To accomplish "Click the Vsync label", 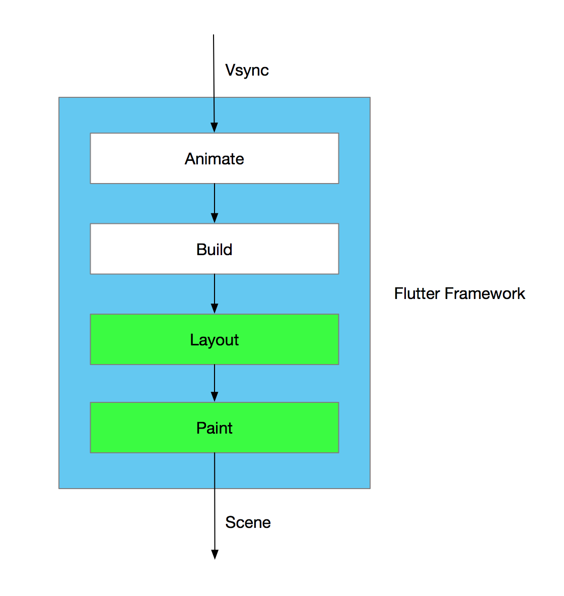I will point(247,70).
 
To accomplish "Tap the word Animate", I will point(214,159).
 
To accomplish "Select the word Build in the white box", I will point(214,250).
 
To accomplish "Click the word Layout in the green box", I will point(214,340).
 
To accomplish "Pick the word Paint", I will point(214,428).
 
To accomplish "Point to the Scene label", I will point(248,522).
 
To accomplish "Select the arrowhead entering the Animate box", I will point(214,127).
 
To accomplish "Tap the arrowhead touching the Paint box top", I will point(215,397).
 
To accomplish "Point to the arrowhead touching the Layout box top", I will point(215,309).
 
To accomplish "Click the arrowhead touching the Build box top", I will point(215,218).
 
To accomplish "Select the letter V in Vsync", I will point(230,70).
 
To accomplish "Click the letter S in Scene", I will point(231,522).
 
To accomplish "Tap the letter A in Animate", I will point(190,159).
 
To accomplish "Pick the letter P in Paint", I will point(200,428).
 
